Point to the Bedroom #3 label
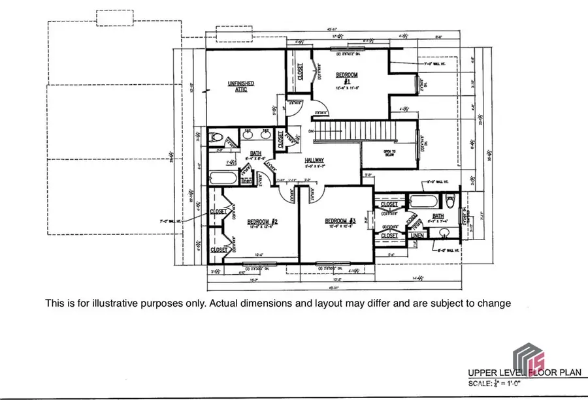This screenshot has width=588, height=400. pyautogui.click(x=340, y=223)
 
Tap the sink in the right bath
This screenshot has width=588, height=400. pyautogui.click(x=445, y=232)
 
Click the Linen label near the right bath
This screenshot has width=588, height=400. pyautogui.click(x=416, y=235)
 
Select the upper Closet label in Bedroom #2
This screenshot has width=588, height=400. pyautogui.click(x=218, y=211)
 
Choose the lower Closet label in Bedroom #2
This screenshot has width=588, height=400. pyautogui.click(x=218, y=249)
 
